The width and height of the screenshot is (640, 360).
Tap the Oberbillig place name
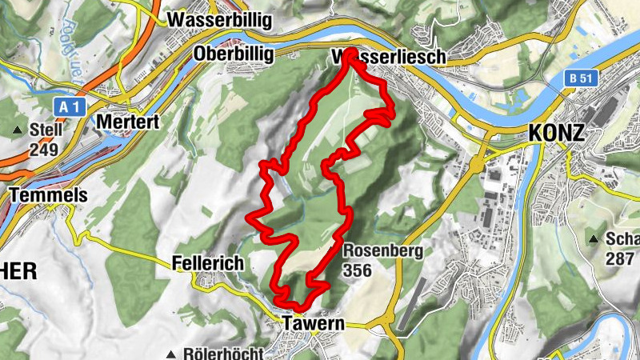(234, 54)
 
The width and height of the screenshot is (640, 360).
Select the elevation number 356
(357, 270)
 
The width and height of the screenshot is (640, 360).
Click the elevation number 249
(46, 149)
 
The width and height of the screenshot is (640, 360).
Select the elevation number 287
(620, 258)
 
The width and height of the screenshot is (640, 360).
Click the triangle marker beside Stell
(18, 130)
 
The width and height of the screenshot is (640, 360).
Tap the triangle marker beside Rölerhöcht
(171, 354)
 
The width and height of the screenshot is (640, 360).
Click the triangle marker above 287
(594, 239)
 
